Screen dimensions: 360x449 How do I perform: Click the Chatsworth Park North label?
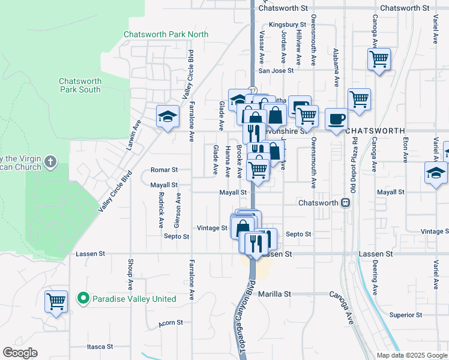(x=166, y=34)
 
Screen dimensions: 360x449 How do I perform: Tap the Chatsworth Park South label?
(x=80, y=85)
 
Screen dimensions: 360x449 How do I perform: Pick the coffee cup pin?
(x=336, y=118)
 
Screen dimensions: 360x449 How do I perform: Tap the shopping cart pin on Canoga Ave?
(x=379, y=59)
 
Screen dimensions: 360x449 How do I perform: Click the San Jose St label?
(x=276, y=70)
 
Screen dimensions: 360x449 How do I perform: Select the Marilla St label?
(x=274, y=295)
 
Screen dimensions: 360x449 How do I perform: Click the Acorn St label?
(x=170, y=323)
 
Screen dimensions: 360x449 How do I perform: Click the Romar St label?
(x=164, y=170)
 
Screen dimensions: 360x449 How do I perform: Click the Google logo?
(x=20, y=353)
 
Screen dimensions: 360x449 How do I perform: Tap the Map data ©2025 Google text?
(x=411, y=355)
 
